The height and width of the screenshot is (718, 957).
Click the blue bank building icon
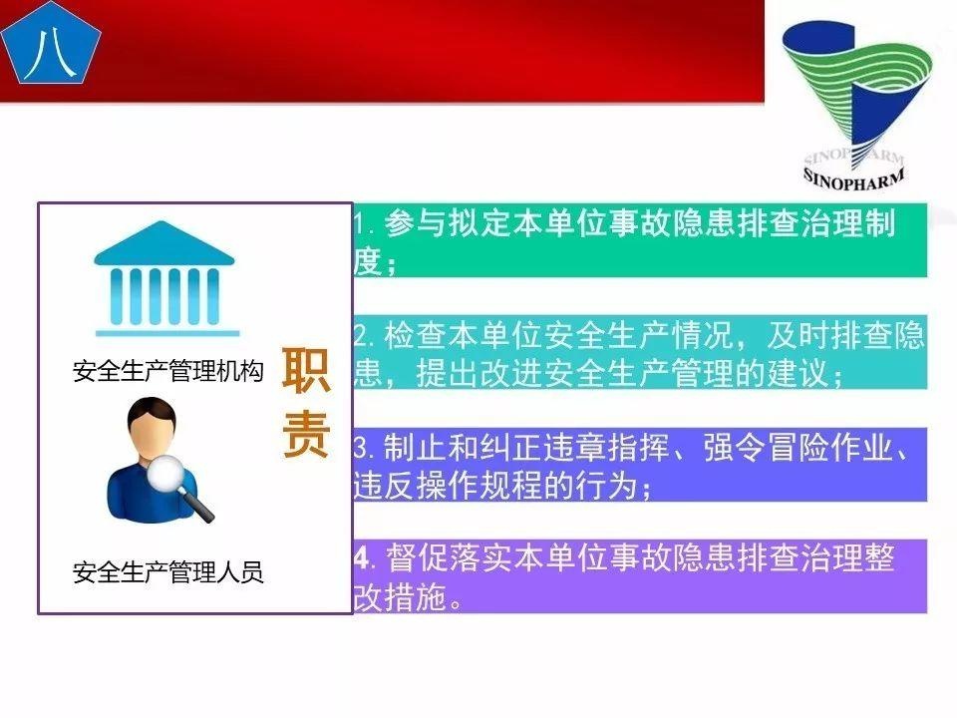click(x=165, y=280)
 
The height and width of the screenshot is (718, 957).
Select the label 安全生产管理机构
click(x=167, y=372)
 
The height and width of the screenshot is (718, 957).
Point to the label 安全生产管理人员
click(x=167, y=572)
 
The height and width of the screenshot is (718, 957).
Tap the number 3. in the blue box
click(x=363, y=449)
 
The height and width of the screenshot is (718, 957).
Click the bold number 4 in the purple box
click(x=361, y=558)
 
